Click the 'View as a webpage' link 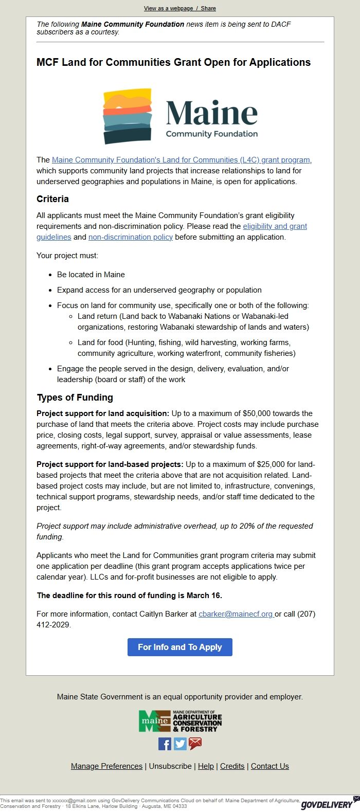[x=168, y=8]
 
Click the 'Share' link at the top [x=208, y=8]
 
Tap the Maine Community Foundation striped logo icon [x=128, y=116]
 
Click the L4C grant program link [x=181, y=160]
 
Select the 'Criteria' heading [x=52, y=199]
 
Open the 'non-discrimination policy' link [x=131, y=237]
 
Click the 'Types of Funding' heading [x=75, y=398]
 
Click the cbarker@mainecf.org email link [x=236, y=614]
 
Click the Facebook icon [x=165, y=744]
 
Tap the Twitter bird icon [x=180, y=744]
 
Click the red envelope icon [x=195, y=744]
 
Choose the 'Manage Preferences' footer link [x=106, y=766]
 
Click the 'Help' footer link [x=206, y=766]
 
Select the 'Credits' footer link [x=232, y=766]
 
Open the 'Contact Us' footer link [x=270, y=766]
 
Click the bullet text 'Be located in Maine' [x=91, y=275]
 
